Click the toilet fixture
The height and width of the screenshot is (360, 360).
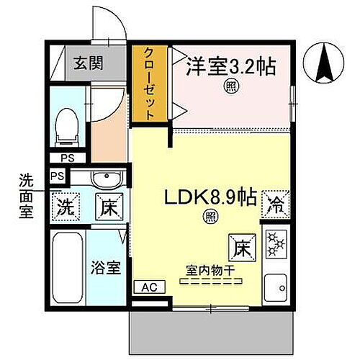66,124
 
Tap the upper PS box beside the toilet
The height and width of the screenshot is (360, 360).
66,158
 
